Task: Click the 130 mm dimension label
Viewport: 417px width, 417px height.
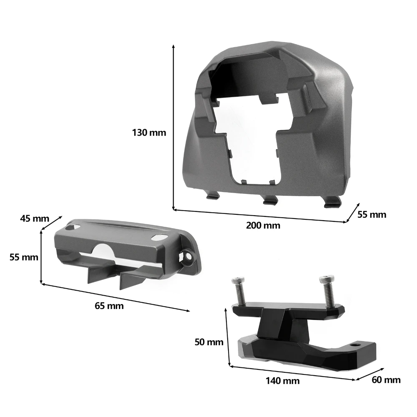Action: coord(149,133)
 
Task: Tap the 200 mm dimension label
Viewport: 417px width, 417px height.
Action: coord(263,226)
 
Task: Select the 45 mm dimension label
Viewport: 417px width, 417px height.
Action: coord(35,219)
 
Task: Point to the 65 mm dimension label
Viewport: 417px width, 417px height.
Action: coord(109,306)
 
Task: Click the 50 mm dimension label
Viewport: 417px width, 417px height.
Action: coord(209,342)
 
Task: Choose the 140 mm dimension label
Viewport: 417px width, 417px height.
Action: coord(282,381)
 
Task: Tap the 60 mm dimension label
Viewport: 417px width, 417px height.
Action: coord(386,380)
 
